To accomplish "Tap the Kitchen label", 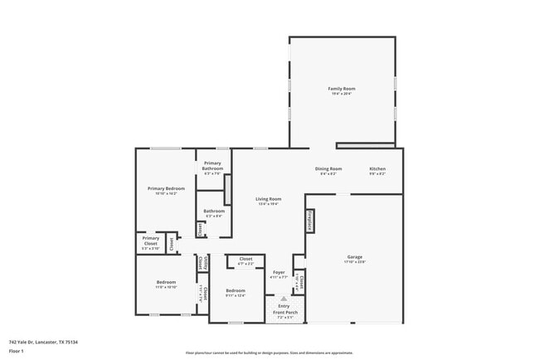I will [377, 170].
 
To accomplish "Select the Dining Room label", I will [328, 170].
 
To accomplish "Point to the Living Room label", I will [268, 200].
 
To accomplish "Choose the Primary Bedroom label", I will [166, 190].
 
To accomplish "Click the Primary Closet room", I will [150, 245].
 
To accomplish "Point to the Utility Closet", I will [202, 263].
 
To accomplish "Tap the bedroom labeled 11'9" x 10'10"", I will [166, 285].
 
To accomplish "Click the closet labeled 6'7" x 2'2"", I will [245, 260].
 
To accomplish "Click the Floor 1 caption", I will [16, 351].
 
